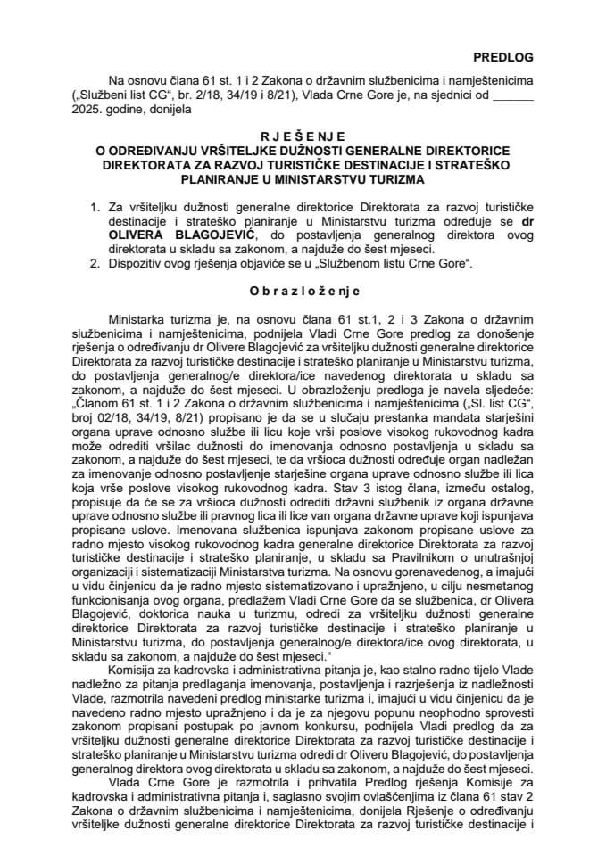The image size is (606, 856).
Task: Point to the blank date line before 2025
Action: [x=513, y=96]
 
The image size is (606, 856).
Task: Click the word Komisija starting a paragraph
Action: [x=136, y=669]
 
